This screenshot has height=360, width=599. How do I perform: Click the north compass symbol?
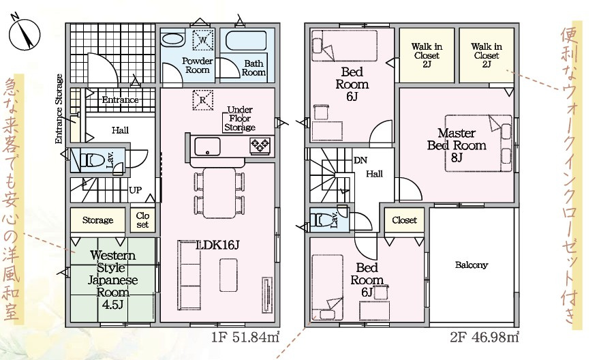coord(25,33)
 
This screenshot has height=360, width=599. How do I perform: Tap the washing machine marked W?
coord(202,40)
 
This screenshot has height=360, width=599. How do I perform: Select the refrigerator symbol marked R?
coord(202,100)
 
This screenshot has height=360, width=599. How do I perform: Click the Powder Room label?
coord(197,65)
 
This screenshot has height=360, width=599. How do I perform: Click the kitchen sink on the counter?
coord(207,147)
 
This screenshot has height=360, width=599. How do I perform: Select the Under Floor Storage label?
coord(240,119)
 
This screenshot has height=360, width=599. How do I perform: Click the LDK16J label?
coord(217,245)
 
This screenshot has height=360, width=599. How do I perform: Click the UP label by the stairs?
coord(135,190)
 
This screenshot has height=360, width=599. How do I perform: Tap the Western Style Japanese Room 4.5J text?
coord(112,280)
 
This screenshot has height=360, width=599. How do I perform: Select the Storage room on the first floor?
coord(98,220)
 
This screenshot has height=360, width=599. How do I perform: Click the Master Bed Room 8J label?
coord(457,145)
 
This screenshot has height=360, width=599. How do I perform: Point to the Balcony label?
coord(472,265)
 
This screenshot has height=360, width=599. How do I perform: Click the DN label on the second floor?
coord(360,160)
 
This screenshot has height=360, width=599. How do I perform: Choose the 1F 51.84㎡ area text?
coord(245,337)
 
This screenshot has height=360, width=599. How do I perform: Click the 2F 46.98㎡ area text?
coord(484,337)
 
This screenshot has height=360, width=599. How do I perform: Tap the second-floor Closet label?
coord(404,220)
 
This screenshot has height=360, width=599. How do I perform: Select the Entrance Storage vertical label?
coord(59,109)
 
